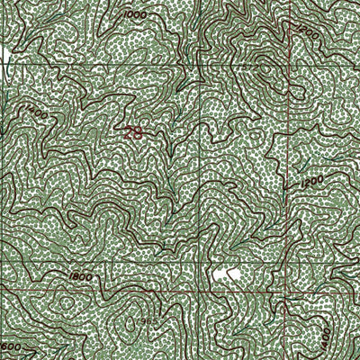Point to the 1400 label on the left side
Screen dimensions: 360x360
(37, 113)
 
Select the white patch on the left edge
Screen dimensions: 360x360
(4, 54)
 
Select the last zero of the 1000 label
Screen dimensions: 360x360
(144, 17)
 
